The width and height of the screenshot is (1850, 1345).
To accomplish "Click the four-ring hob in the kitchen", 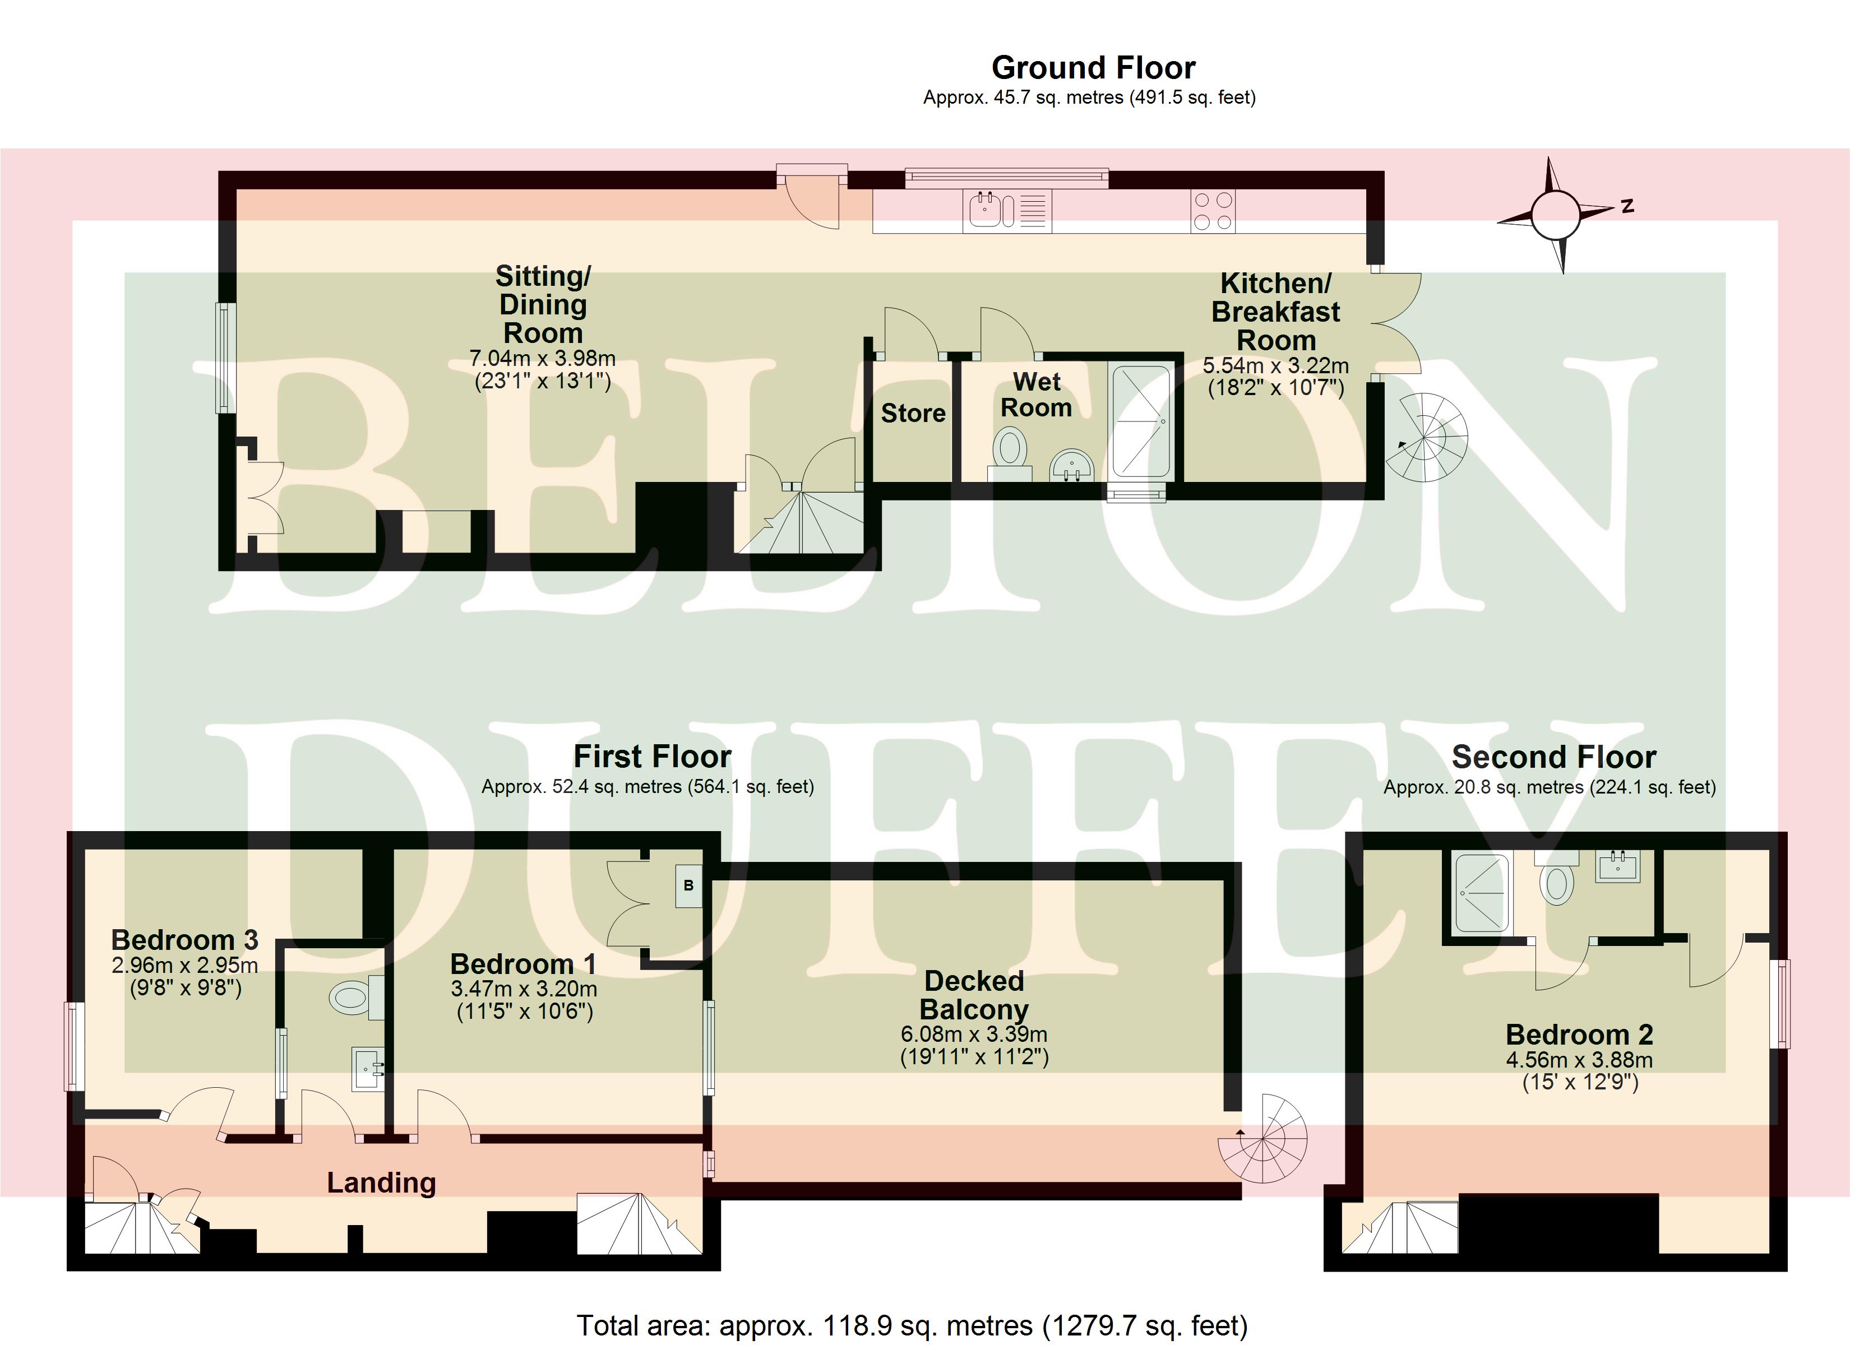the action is (x=1213, y=211).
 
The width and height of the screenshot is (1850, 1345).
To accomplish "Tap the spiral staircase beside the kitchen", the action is (x=1426, y=437).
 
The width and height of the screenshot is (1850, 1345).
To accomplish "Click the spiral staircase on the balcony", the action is (x=1262, y=1139).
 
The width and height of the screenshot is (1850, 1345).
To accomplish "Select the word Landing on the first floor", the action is (x=382, y=1182).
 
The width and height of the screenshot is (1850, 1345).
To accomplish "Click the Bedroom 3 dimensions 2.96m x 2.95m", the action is (x=185, y=966).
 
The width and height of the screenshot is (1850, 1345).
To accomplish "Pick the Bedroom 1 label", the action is (x=524, y=964).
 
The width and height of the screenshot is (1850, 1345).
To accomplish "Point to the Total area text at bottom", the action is (x=912, y=1325).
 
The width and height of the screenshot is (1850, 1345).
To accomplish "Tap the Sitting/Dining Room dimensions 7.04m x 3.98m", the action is (x=543, y=358).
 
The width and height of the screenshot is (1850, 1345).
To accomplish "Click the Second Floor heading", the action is (x=1554, y=757).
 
